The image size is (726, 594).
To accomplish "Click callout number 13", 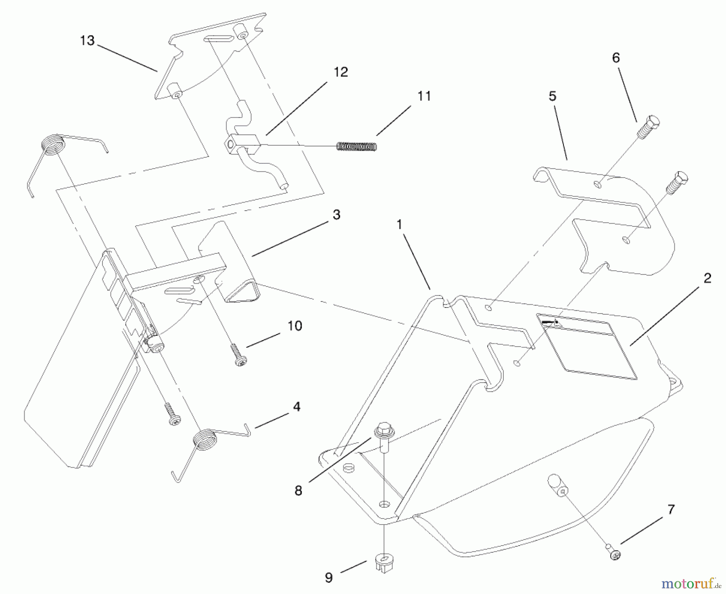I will coord(87,41).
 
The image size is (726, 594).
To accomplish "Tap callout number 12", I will coord(340,72).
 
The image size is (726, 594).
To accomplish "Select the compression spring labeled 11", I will coord(356,146).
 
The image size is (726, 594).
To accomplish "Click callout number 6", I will coord(615,58).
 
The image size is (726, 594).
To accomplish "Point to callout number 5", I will coord(552,96).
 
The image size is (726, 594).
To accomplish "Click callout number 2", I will coord(707,278).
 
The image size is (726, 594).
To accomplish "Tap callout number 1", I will coord(399,225).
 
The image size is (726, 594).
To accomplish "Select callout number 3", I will coord(336,215).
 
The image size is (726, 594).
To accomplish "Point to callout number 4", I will coord(296,406).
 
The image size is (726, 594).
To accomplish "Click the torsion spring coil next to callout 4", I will coord(205,440).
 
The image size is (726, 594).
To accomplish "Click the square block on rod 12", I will coord(241,144).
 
